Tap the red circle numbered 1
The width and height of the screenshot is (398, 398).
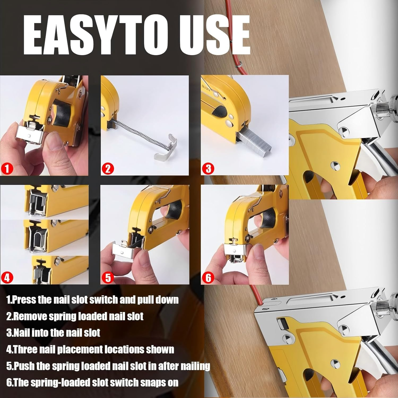7,168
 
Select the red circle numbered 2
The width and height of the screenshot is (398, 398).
107,168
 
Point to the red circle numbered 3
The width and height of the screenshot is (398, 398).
208,168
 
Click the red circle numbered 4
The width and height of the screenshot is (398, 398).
7,278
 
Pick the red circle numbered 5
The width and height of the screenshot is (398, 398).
107,278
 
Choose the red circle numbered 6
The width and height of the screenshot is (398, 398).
208,278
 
